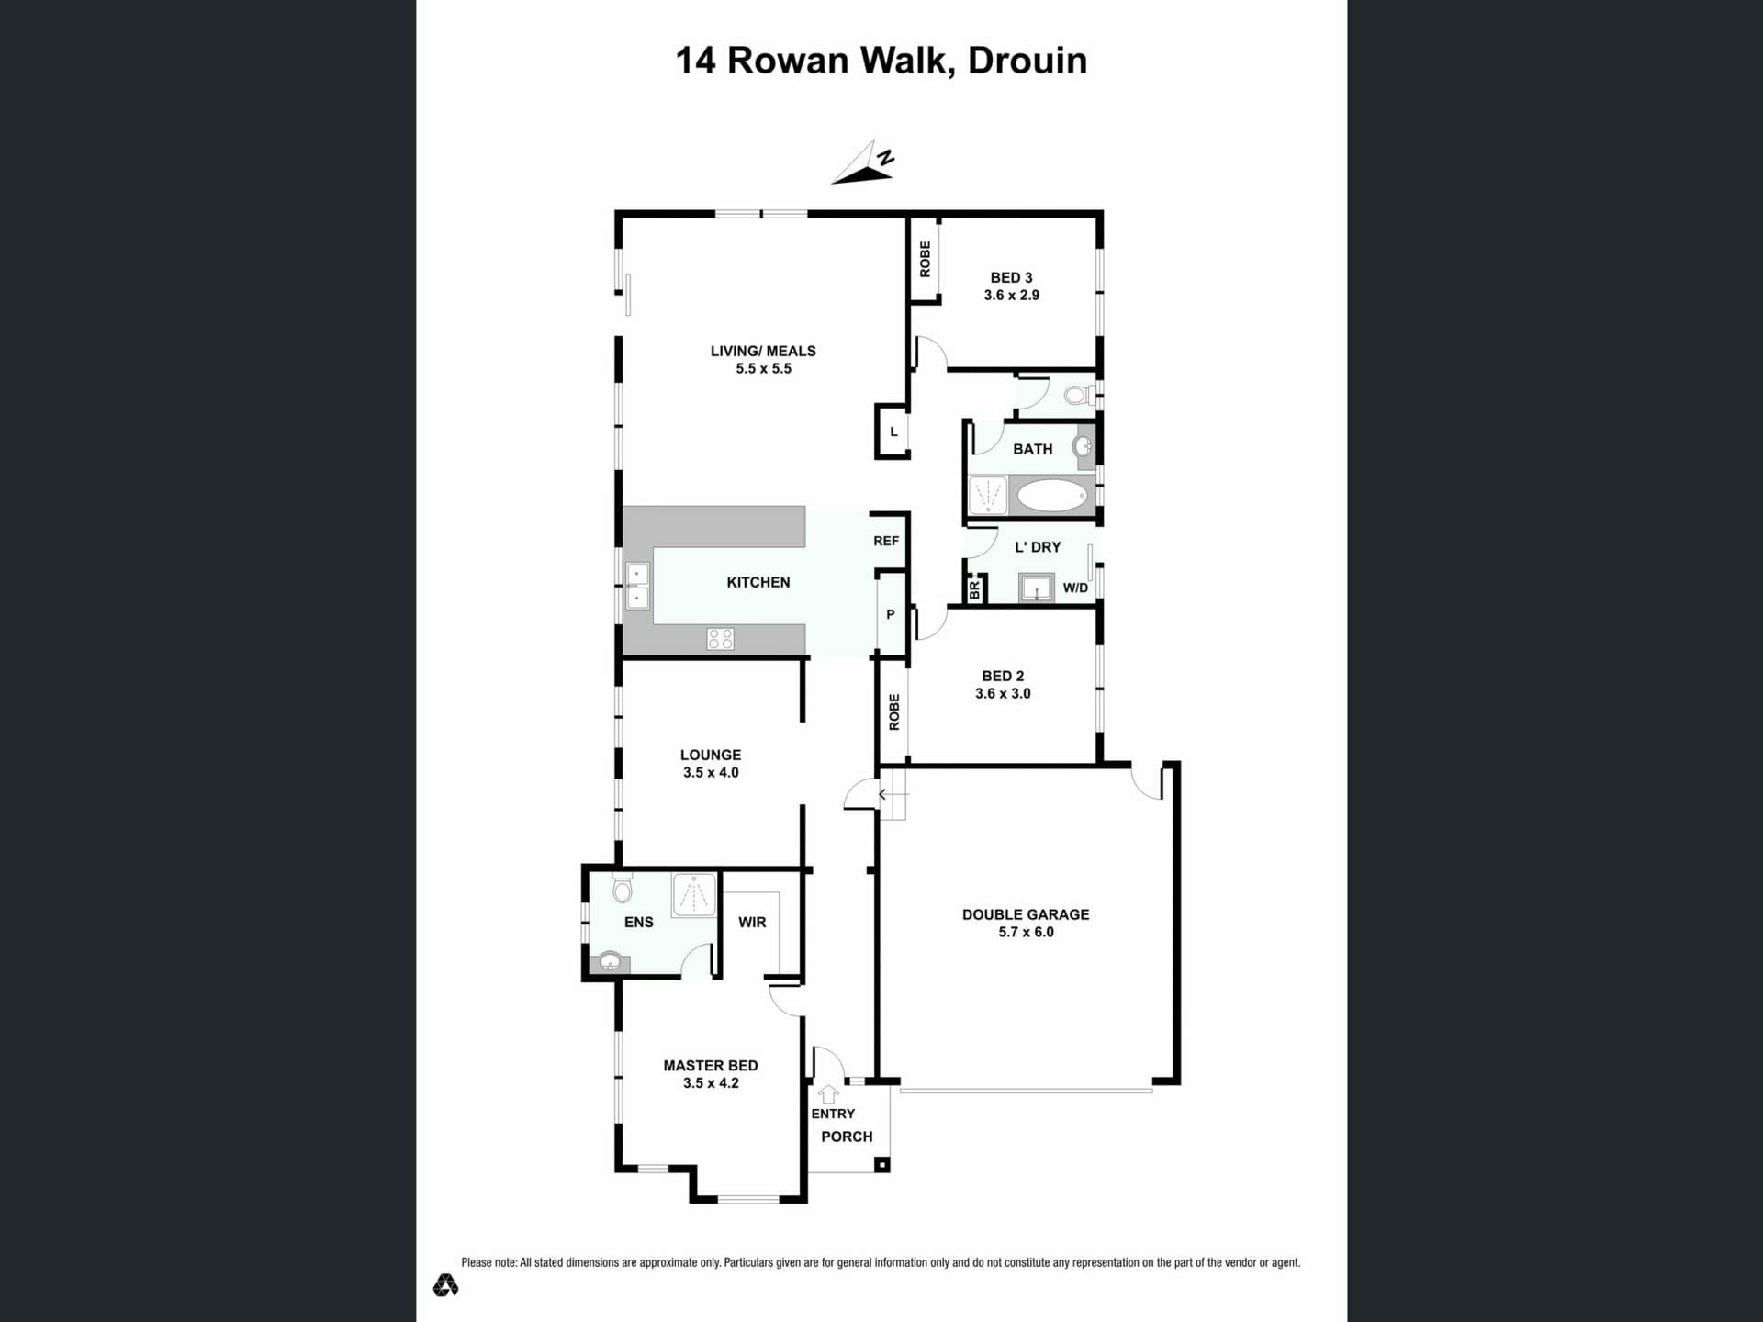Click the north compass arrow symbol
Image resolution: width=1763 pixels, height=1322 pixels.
point(862,164)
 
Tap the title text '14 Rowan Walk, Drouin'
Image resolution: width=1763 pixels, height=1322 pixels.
point(881,61)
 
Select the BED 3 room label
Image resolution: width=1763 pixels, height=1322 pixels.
point(1011,277)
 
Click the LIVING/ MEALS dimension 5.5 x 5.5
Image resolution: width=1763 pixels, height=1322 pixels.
point(763,368)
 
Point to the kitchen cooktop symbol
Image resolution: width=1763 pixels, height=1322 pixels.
point(720,639)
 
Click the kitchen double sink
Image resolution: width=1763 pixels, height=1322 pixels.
point(637,587)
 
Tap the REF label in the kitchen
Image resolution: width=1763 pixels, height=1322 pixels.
point(886,541)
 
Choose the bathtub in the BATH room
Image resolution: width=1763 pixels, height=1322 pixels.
point(1052,496)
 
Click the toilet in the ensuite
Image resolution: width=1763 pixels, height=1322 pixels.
point(623,889)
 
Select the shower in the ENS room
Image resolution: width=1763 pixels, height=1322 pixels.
point(694,895)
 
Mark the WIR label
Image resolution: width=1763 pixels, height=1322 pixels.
point(752,922)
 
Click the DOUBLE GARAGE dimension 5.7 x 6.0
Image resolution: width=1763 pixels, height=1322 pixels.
point(1026,932)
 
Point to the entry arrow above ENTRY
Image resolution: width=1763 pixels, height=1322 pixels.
point(828,1093)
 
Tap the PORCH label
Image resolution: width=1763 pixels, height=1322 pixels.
point(847,1137)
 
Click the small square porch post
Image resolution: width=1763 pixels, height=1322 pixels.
point(881,1165)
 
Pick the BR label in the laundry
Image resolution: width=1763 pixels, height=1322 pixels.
point(974,590)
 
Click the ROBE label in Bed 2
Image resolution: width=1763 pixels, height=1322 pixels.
point(894,712)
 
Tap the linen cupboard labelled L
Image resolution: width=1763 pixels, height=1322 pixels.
point(893,431)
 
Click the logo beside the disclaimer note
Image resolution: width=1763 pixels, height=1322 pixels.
point(445,1285)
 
